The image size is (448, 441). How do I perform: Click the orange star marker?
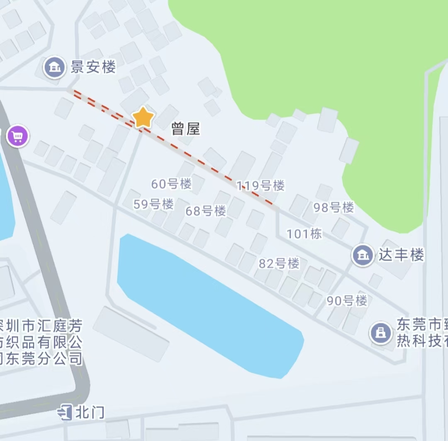pyautogui.click(x=143, y=117)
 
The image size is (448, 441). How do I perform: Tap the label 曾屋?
pyautogui.click(x=186, y=129)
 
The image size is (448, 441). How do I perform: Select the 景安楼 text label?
pyautogui.click(x=93, y=67)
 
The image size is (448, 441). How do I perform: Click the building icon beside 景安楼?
pyautogui.click(x=55, y=67)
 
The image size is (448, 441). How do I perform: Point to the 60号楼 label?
pyautogui.click(x=171, y=184)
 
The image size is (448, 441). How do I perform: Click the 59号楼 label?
pyautogui.click(x=153, y=204)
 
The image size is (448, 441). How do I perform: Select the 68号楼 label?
pyautogui.click(x=205, y=211)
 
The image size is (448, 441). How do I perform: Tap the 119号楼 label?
pyautogui.click(x=261, y=185)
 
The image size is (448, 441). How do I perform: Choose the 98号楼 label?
pyautogui.click(x=334, y=207)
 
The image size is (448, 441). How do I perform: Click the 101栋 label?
pyautogui.click(x=304, y=234)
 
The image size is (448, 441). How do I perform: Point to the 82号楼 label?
pyautogui.click(x=279, y=263)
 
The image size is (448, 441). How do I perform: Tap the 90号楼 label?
pyautogui.click(x=347, y=300)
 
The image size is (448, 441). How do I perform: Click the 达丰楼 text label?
pyautogui.click(x=401, y=255)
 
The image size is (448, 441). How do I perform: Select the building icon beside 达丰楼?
pyautogui.click(x=363, y=255)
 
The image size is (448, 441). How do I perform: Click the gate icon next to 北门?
pyautogui.click(x=66, y=412)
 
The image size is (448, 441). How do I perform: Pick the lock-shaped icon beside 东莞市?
pyautogui.click(x=381, y=333)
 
